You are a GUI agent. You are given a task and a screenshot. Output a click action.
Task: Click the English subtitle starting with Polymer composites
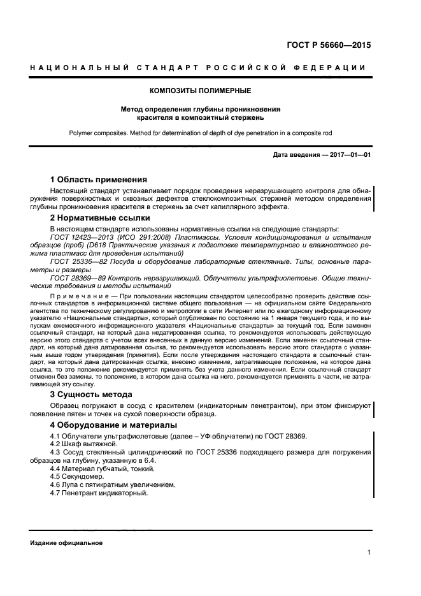click(201, 134)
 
